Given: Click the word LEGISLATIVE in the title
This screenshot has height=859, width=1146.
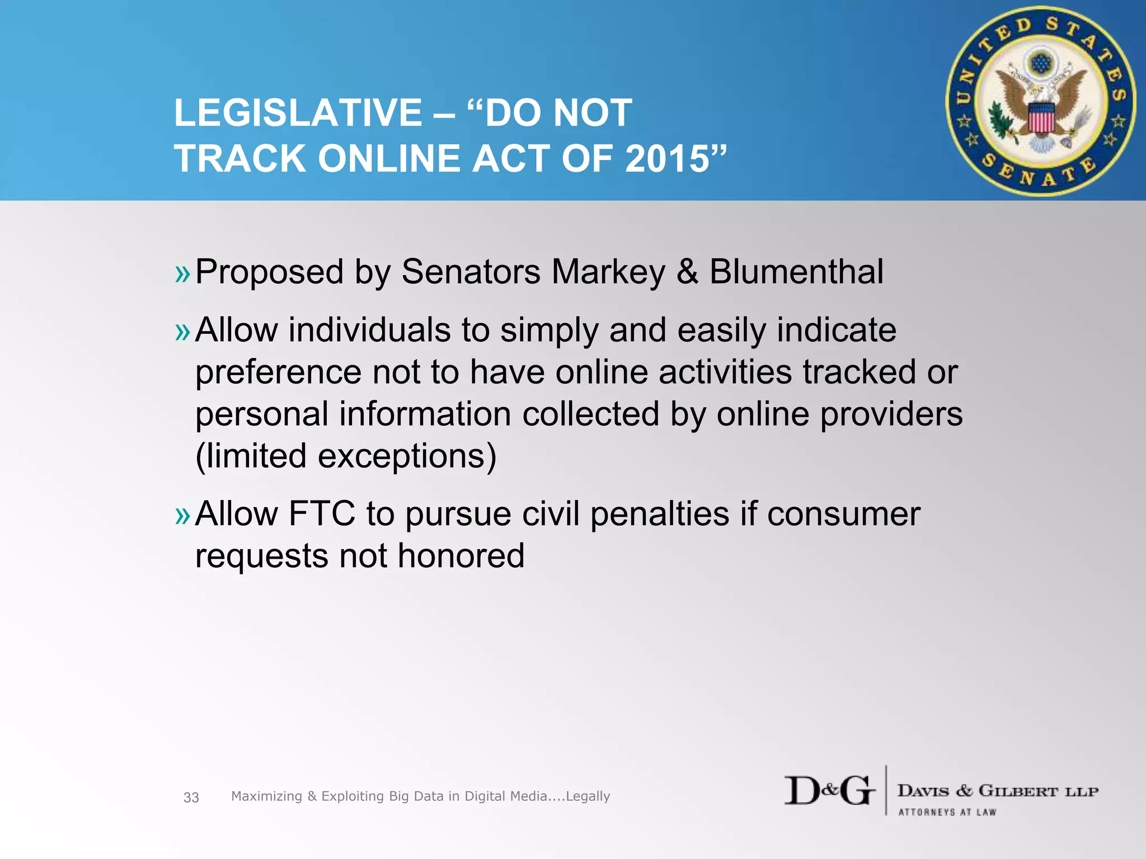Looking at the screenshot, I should tap(298, 113).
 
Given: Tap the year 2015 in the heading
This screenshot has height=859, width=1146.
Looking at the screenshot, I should tap(667, 159).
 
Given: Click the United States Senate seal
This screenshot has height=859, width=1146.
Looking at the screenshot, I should tap(1040, 101).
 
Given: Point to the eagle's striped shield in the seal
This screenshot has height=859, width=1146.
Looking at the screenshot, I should tap(1041, 118).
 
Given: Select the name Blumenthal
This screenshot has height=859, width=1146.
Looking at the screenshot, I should tap(796, 272).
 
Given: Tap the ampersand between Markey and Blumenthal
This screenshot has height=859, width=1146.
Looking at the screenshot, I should tap(687, 272).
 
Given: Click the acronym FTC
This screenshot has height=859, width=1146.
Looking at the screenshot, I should tap(322, 513).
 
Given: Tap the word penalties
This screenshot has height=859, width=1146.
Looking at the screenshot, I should tap(660, 513).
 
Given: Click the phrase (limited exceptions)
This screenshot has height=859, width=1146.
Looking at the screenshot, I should tap(346, 456).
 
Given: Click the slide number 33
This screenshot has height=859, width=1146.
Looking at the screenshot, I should tap(191, 797).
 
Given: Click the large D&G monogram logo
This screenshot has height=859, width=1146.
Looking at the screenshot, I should tap(829, 791).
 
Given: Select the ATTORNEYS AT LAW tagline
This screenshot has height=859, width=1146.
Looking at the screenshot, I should tap(947, 812).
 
